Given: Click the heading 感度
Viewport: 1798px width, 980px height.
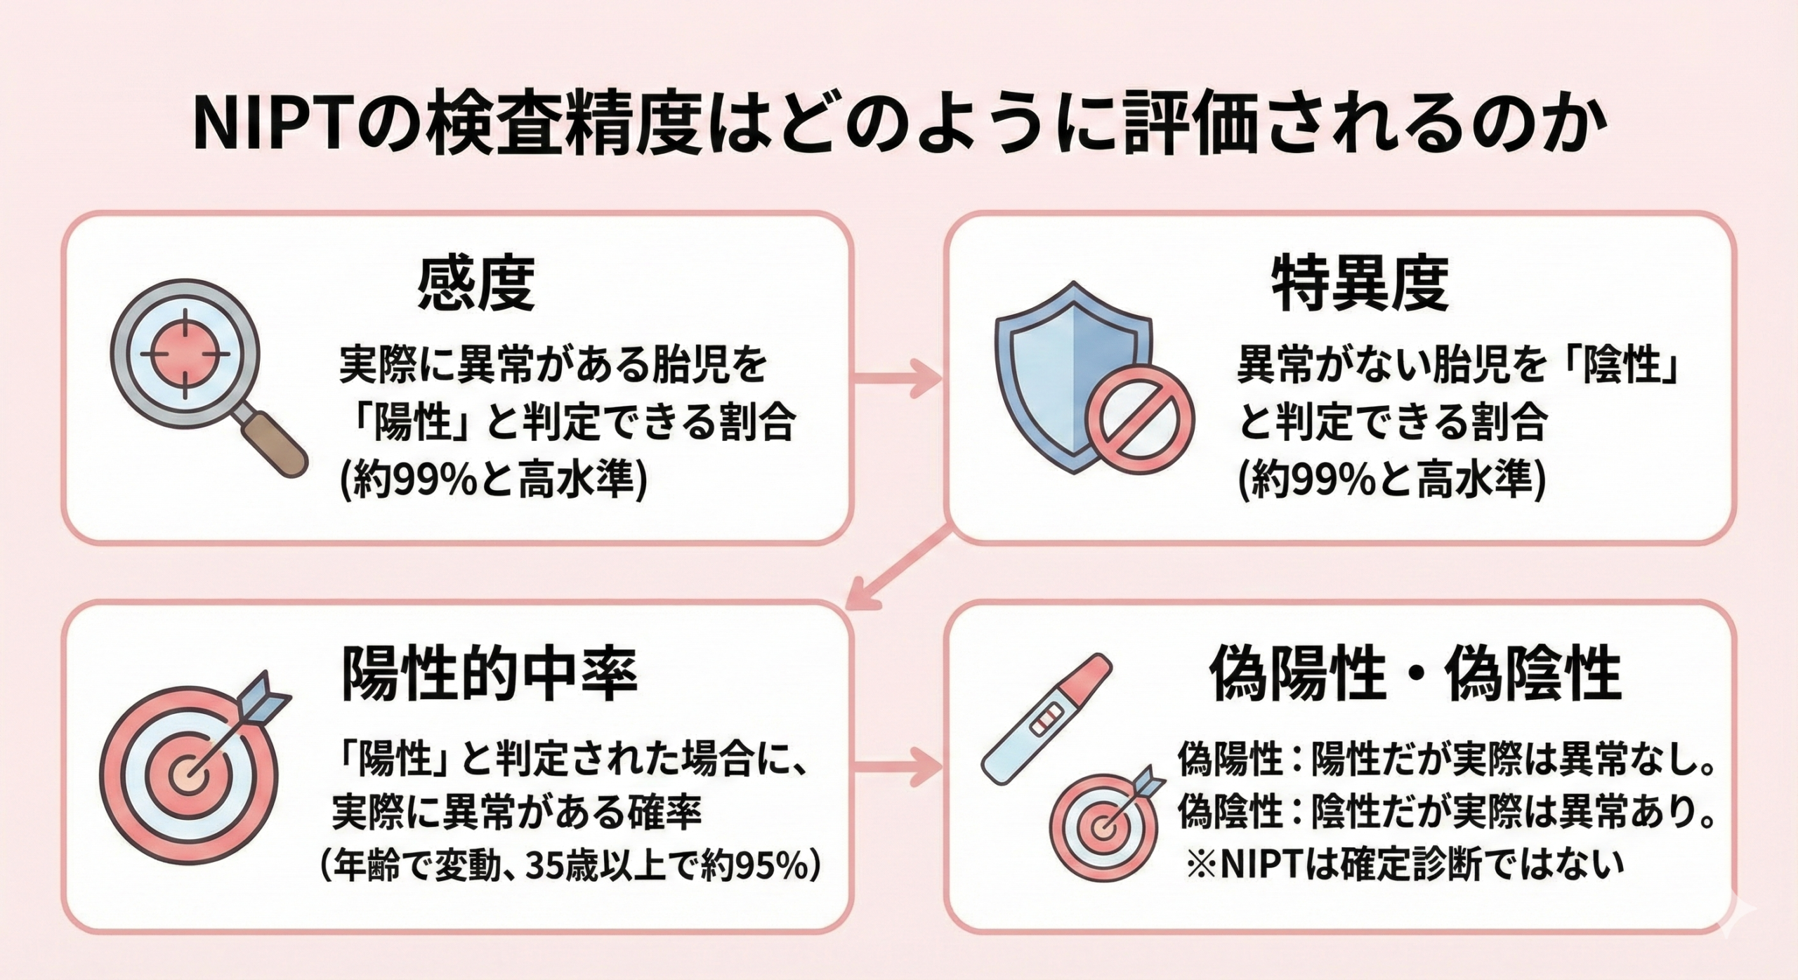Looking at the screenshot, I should pyautogui.click(x=476, y=286).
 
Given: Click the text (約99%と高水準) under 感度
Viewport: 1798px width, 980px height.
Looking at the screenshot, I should pyautogui.click(x=492, y=482).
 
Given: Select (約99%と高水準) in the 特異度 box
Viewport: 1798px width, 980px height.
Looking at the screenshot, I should pyautogui.click(x=1391, y=482).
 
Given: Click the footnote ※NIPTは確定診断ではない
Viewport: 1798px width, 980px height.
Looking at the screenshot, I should pyautogui.click(x=1405, y=864).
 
